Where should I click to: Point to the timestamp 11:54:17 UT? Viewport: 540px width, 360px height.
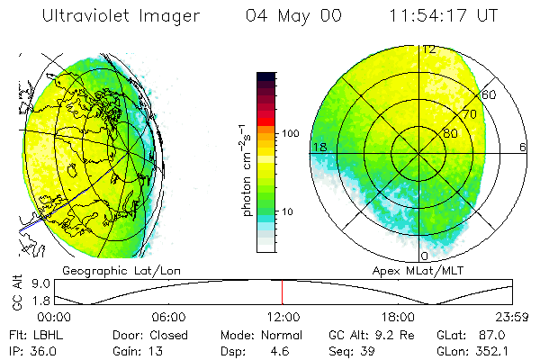pyautogui.click(x=443, y=16)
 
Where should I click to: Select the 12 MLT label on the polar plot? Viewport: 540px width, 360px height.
pyautogui.click(x=429, y=49)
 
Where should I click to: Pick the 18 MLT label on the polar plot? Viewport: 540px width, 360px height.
pyautogui.click(x=318, y=147)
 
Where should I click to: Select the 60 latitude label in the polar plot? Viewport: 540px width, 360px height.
pyautogui.click(x=490, y=94)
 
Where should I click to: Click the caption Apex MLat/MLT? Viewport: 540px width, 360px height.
pyautogui.click(x=409, y=270)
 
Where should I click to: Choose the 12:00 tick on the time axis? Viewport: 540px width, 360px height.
pyautogui.click(x=283, y=317)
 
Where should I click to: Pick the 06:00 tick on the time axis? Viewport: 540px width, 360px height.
pyautogui.click(x=168, y=317)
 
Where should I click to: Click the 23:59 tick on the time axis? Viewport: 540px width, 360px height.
pyautogui.click(x=510, y=317)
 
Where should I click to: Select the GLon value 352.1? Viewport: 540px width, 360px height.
pyautogui.click(x=497, y=351)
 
